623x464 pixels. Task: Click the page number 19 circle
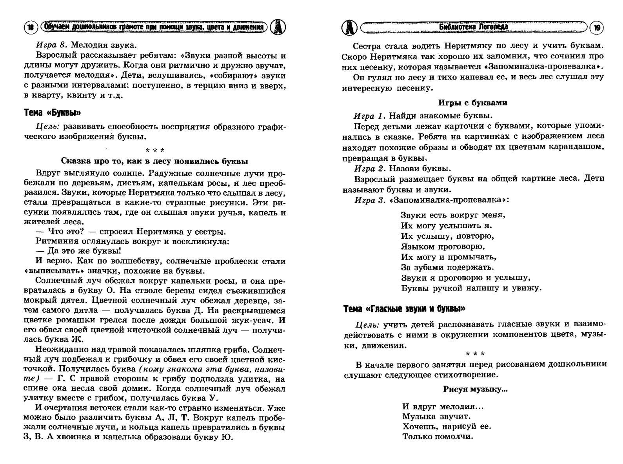coord(597,27)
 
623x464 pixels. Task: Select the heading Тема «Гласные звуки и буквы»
coord(404,309)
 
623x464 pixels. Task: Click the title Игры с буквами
coord(472,103)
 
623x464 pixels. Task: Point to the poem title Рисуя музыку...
coord(475,390)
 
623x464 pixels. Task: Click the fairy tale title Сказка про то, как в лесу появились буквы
coord(154,161)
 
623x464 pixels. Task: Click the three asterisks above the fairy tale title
coord(155,150)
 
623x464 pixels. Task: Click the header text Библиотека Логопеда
coord(474,27)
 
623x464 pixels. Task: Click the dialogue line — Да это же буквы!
coord(78,251)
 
